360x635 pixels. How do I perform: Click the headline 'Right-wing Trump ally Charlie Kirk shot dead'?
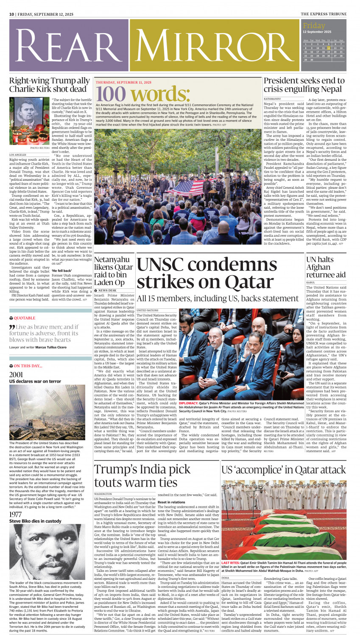[x=50, y=85]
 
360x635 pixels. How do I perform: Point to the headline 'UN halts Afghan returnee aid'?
[x=326, y=267]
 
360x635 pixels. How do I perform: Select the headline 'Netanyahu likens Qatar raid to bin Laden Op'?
[x=113, y=271]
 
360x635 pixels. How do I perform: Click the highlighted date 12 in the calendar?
[x=328, y=48]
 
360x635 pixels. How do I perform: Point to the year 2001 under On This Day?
[x=16, y=375]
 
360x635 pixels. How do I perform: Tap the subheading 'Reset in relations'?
[x=171, y=502]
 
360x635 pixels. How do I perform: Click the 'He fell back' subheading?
[x=62, y=270]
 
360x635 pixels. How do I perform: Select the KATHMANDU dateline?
[x=272, y=99]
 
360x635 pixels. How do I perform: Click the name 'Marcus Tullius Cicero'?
[x=51, y=347]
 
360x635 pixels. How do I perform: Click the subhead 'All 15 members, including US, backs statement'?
[x=218, y=298]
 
